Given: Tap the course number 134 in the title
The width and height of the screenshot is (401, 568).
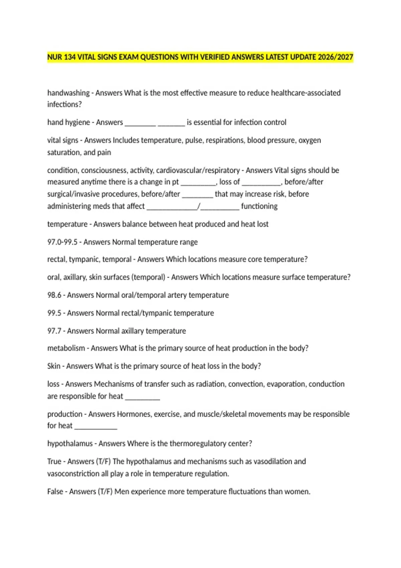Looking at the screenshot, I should point(70,57).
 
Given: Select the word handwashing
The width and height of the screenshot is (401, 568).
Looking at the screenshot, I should point(69,93).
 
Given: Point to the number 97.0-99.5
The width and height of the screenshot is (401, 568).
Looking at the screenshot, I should point(62,242).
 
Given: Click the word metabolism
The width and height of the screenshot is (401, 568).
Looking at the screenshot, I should point(66,348).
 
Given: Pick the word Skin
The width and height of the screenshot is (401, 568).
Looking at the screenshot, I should point(54,366).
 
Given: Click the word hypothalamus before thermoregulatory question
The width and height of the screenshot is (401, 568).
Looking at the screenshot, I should point(70,443).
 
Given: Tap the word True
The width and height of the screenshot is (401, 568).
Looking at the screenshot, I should point(54,461).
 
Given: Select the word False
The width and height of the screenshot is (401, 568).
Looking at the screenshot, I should point(55,491).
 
